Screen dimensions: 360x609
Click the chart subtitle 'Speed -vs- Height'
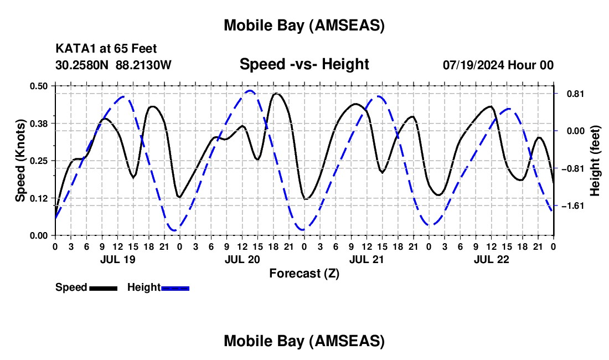tap(304, 65)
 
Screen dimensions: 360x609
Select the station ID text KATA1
tap(73, 49)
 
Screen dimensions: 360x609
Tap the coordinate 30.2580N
tap(82, 65)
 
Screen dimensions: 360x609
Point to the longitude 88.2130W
tap(144, 65)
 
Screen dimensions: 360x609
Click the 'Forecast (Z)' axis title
tap(304, 273)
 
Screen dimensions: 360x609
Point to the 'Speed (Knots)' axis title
tap(20, 161)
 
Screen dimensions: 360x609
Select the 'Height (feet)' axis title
tap(595, 161)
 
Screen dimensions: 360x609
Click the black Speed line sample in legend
tap(103, 288)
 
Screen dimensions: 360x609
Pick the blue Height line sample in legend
tap(175, 288)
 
